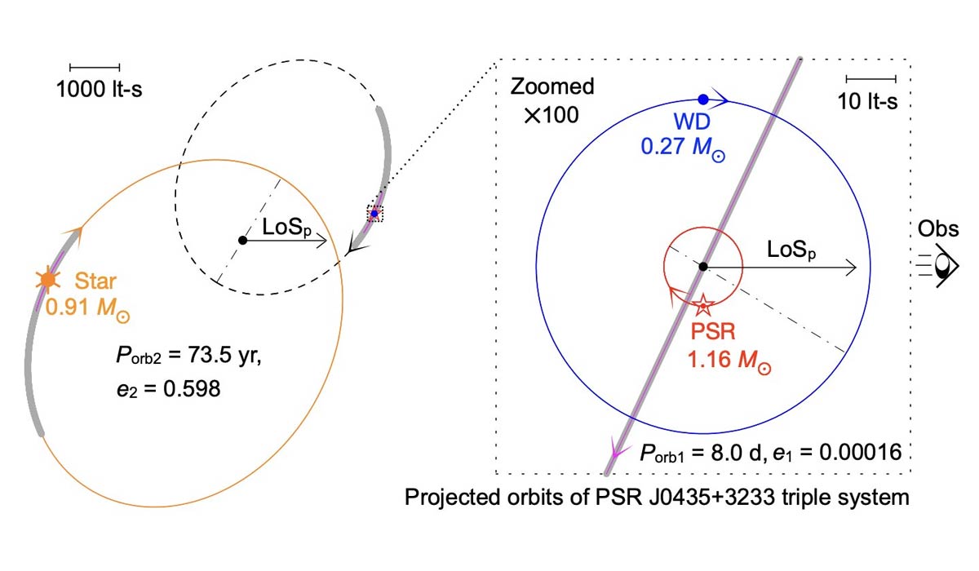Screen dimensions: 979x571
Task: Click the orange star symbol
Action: tap(48, 280)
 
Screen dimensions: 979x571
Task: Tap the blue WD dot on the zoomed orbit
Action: tap(702, 100)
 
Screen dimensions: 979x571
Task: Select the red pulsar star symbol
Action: tap(702, 305)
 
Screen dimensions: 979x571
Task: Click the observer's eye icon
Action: tap(939, 265)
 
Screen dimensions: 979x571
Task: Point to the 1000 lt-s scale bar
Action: tap(95, 67)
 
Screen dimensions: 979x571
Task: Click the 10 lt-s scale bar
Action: tap(871, 79)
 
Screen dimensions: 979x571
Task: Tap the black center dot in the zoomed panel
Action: tap(702, 267)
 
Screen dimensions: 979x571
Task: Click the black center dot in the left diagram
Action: tap(242, 241)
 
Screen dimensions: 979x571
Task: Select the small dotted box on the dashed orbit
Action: tap(374, 214)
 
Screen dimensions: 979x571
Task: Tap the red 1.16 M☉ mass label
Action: tap(729, 361)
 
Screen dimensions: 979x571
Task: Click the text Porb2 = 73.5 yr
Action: tap(188, 356)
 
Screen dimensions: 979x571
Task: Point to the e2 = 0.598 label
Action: tap(169, 389)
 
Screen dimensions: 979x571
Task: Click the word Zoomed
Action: tap(552, 86)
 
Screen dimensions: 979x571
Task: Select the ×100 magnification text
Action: tap(552, 115)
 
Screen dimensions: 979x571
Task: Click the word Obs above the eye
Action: tap(938, 228)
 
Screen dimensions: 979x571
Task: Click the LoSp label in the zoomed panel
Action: tap(791, 250)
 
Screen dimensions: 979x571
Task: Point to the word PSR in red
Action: tap(713, 332)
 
